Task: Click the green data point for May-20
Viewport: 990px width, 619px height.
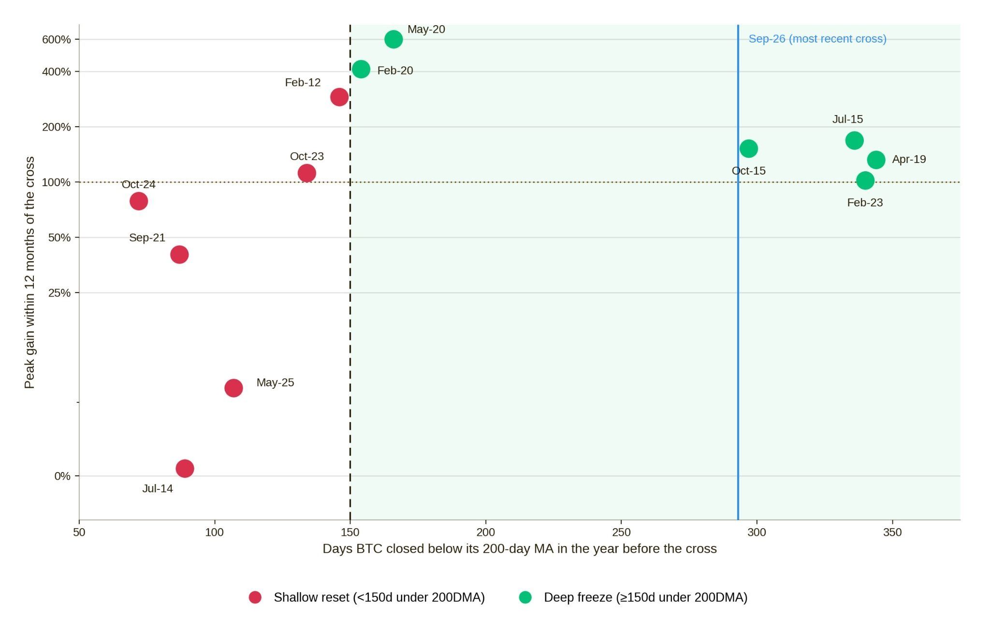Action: coord(393,39)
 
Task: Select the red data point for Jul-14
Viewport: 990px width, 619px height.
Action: coord(185,468)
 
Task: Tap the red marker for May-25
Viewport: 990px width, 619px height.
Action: coord(233,388)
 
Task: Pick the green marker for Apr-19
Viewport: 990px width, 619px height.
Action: coord(876,160)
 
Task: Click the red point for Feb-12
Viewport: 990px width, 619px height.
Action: coord(339,97)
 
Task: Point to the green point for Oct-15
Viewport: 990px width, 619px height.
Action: coord(748,148)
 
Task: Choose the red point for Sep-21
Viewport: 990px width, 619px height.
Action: coord(179,254)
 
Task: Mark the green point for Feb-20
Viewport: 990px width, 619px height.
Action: coord(361,69)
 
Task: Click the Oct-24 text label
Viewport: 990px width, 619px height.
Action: coord(138,185)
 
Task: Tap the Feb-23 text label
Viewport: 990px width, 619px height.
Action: coord(865,203)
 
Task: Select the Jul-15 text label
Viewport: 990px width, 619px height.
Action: coord(847,119)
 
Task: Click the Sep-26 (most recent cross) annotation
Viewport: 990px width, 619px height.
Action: coord(817,39)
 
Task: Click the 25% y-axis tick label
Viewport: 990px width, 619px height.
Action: coord(59,293)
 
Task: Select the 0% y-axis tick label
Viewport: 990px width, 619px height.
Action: coord(62,476)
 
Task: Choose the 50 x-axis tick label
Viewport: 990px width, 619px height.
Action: coord(79,532)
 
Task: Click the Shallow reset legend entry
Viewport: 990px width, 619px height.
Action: coord(367,597)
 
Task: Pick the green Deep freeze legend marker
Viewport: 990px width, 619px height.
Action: coord(525,597)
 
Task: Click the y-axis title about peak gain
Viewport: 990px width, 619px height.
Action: coord(29,272)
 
